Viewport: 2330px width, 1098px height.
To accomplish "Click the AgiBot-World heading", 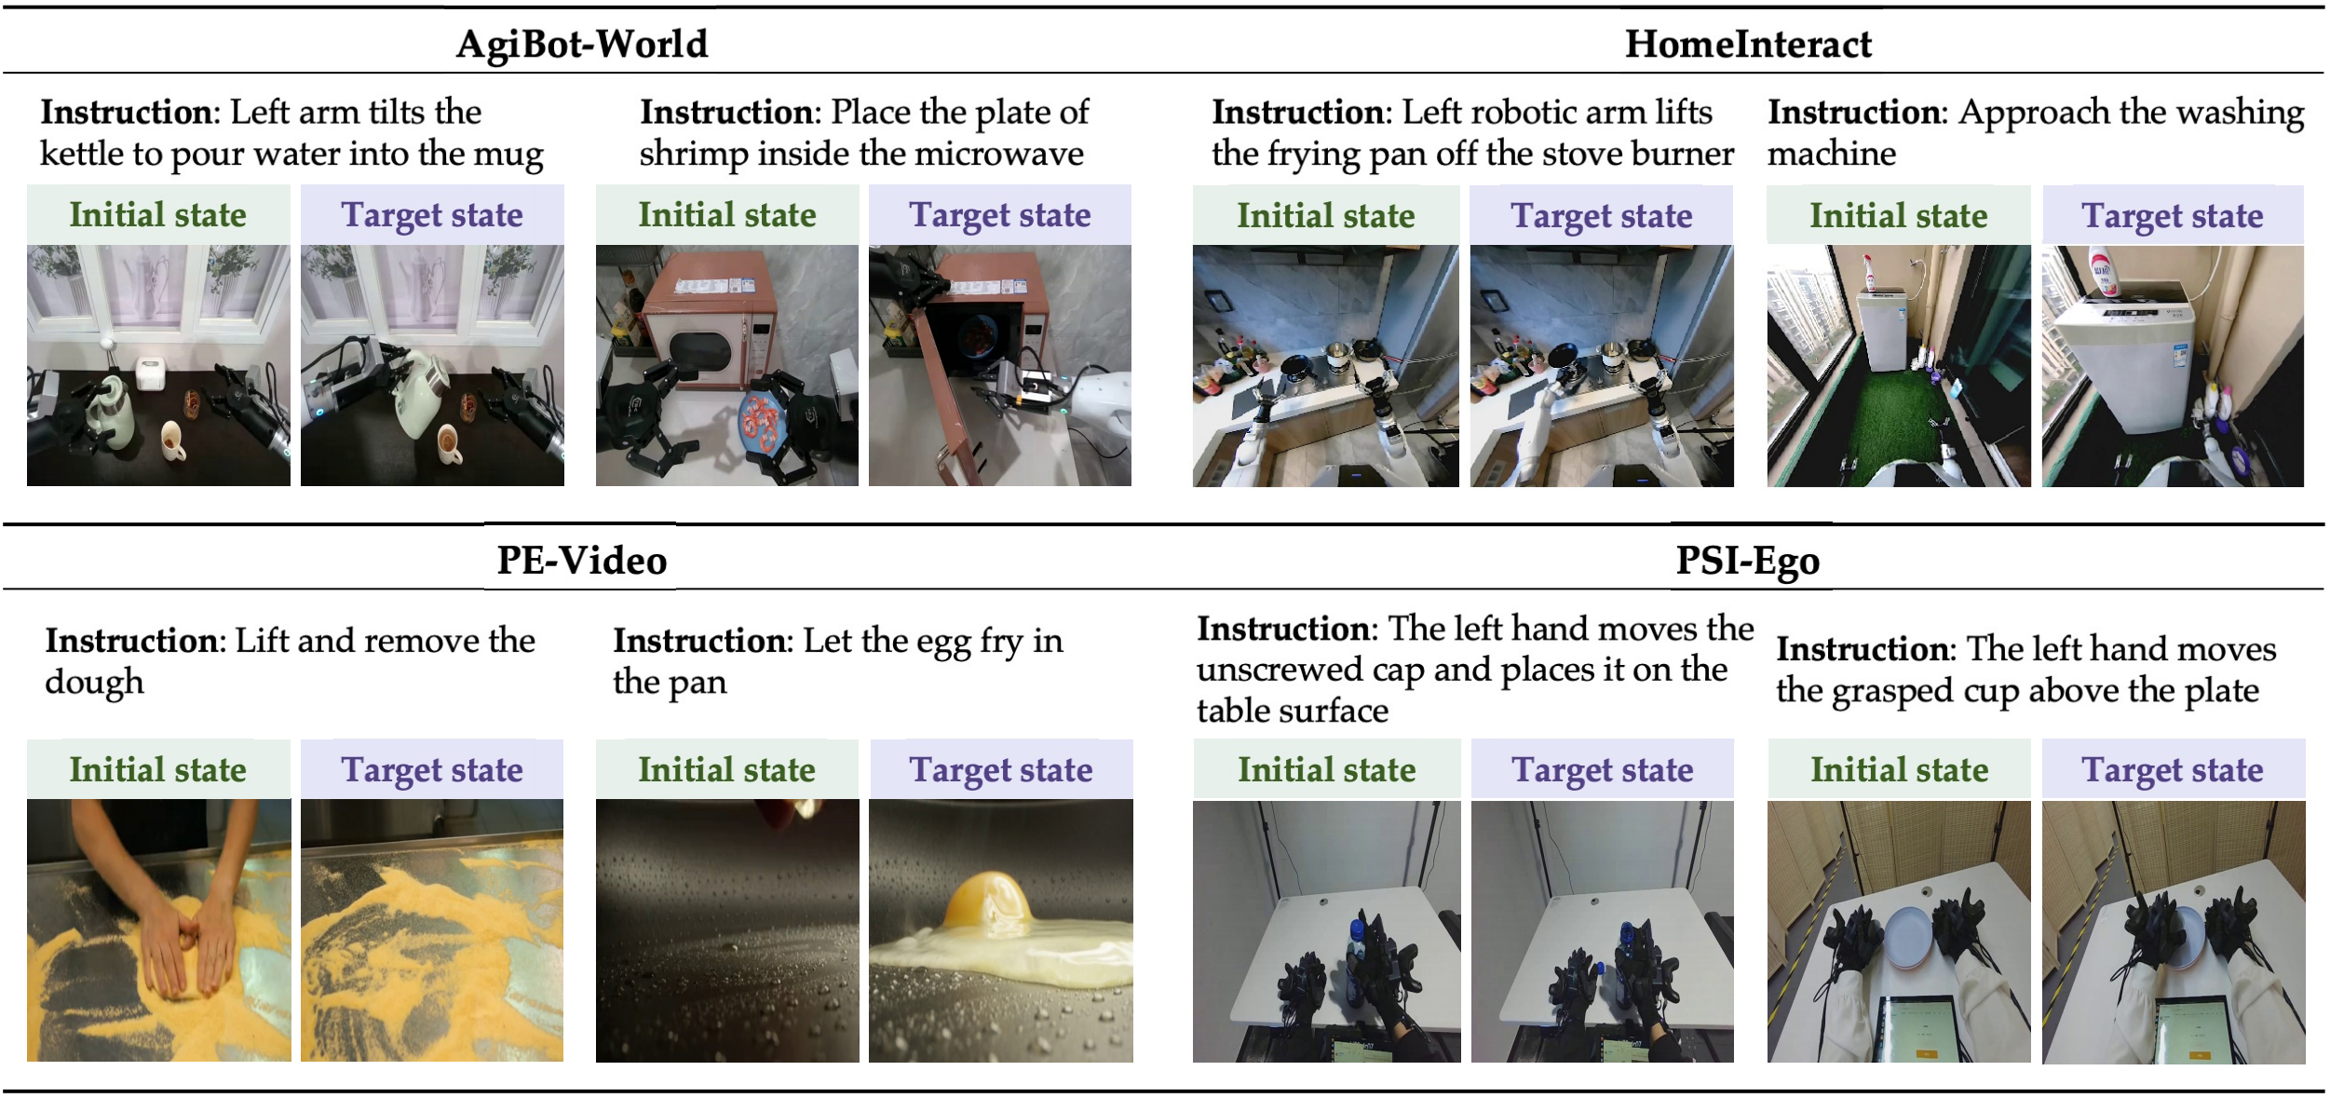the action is pos(582,44).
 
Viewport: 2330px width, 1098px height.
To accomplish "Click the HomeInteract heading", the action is pos(1748,44).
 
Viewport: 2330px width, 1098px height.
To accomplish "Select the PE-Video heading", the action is pos(582,561).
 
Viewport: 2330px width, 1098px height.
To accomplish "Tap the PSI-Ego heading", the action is pos(1748,562).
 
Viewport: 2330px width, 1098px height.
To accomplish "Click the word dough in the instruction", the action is pos(95,683).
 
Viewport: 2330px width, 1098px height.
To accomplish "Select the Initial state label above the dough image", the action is pos(158,769).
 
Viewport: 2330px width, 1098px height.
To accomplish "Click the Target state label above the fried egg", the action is pos(1001,770).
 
